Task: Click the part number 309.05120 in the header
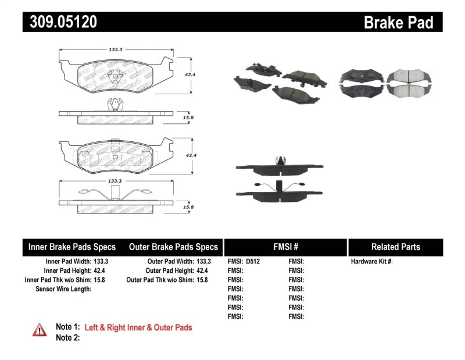(x=60, y=22)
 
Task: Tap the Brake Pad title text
(x=398, y=23)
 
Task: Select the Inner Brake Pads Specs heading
(x=72, y=247)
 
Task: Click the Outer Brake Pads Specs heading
(x=173, y=247)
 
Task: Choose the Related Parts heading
(x=395, y=247)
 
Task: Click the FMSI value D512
(x=252, y=262)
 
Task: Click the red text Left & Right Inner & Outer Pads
(x=138, y=327)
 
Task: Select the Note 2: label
(x=67, y=337)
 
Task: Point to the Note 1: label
(x=67, y=327)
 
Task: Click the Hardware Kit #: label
(x=371, y=262)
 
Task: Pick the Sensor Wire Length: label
(x=63, y=288)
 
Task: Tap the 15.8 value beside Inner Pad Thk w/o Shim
(x=99, y=280)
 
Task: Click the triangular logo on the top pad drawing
(x=117, y=74)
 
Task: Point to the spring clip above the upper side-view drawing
(x=117, y=105)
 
